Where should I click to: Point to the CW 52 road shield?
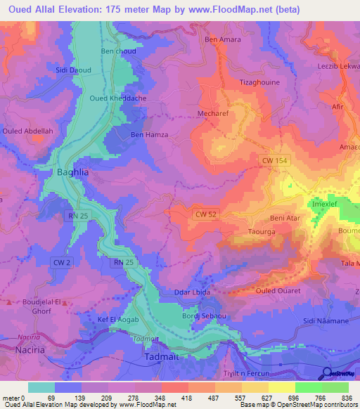(x=205, y=214)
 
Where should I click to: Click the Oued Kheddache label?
(x=117, y=98)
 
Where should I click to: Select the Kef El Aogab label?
(x=118, y=320)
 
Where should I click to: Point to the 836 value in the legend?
(x=347, y=397)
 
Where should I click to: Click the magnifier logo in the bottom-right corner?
(x=326, y=374)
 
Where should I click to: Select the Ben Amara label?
(x=223, y=39)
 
